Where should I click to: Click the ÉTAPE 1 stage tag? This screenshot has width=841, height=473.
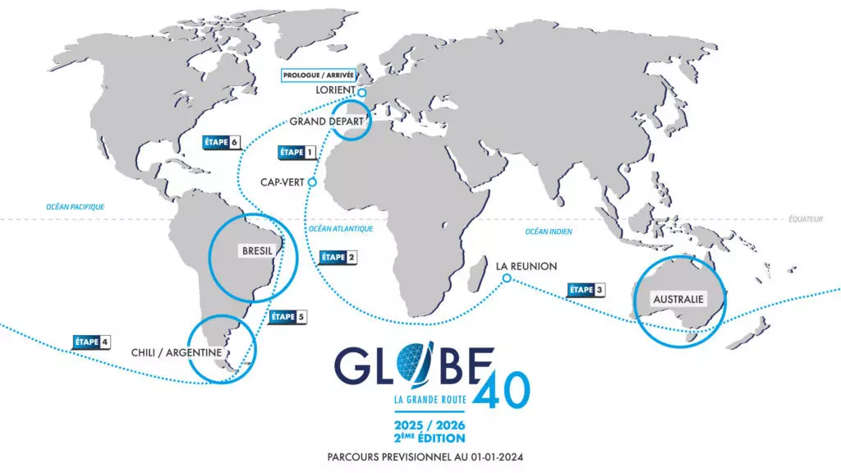pos(297,152)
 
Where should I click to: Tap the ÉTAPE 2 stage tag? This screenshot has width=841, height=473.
pos(337,257)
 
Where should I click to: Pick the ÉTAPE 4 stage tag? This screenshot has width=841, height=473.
pos(91,341)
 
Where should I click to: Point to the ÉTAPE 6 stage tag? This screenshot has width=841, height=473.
pos(221,142)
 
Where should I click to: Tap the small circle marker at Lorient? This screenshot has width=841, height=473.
pos(361,92)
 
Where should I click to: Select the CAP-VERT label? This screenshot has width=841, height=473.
pos(283,183)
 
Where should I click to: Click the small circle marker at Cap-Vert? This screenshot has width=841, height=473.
pos(311,183)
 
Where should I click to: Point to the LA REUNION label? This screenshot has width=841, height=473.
pos(526,266)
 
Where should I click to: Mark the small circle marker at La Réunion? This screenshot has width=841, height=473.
pos(507,279)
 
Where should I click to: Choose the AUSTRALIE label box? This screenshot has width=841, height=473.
pos(678,299)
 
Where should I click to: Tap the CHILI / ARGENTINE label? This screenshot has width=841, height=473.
pos(177,352)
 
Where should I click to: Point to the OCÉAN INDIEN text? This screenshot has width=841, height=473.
pos(549,232)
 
